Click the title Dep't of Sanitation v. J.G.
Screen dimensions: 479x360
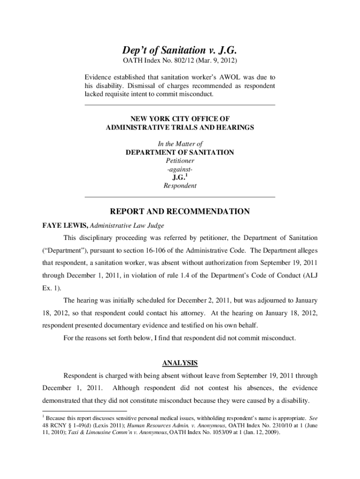point(180,50)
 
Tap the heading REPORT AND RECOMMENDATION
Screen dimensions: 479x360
point(180,212)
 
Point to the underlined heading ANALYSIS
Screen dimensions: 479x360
point(180,363)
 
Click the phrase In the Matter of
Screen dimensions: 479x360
point(180,144)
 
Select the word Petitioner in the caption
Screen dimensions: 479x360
point(180,161)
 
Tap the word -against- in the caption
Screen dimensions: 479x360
point(180,169)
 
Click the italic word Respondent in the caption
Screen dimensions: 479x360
point(180,186)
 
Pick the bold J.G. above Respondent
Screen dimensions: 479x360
point(179,177)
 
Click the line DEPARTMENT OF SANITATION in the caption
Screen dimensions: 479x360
point(180,152)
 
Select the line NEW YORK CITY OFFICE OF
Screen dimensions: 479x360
point(180,119)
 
